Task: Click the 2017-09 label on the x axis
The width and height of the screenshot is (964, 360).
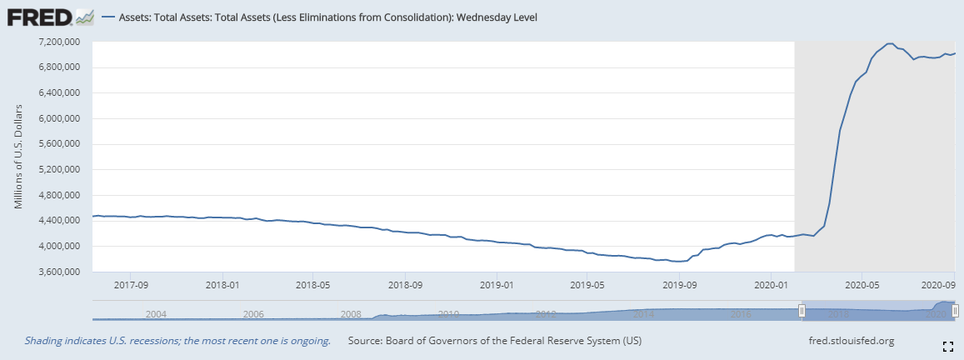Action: pos(131,284)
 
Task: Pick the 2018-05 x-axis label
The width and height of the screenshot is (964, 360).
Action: pos(312,284)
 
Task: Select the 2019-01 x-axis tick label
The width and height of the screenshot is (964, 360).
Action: pos(497,284)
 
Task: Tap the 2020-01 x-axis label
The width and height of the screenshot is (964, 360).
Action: pos(771,284)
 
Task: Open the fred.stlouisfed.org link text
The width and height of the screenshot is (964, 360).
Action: pos(851,341)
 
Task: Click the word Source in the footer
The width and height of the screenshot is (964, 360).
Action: pos(364,341)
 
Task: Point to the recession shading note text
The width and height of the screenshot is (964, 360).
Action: pos(177,341)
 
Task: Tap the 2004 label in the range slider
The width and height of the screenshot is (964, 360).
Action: pos(156,314)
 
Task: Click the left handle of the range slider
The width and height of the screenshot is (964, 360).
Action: pos(802,311)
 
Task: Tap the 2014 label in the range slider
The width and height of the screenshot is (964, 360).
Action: pos(643,314)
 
